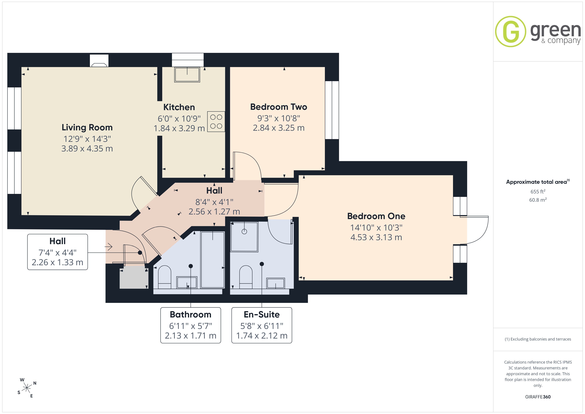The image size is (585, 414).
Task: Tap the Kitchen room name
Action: (179, 107)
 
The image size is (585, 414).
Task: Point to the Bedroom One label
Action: (376, 216)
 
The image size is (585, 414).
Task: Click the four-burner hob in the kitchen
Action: (216, 122)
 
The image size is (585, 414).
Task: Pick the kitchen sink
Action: (187, 74)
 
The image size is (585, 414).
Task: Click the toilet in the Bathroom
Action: (165, 277)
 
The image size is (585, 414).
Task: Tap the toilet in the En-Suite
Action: (246, 277)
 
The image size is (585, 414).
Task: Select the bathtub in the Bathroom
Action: (213, 260)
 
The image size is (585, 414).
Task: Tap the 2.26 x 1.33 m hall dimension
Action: (57, 262)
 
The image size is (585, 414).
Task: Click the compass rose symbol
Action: (27, 388)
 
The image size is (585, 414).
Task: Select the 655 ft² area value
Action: (538, 191)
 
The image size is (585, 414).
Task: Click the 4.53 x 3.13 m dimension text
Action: (376, 237)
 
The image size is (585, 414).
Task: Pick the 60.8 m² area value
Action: (538, 200)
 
